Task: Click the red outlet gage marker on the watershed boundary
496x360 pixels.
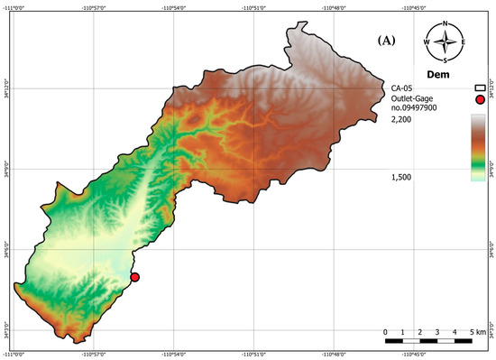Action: pos(134,277)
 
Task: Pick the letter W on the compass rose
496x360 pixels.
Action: pos(427,42)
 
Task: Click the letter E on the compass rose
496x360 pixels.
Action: pos(463,42)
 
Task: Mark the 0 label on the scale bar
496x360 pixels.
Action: pos(386,332)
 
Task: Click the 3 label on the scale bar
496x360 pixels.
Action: pos(437,332)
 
